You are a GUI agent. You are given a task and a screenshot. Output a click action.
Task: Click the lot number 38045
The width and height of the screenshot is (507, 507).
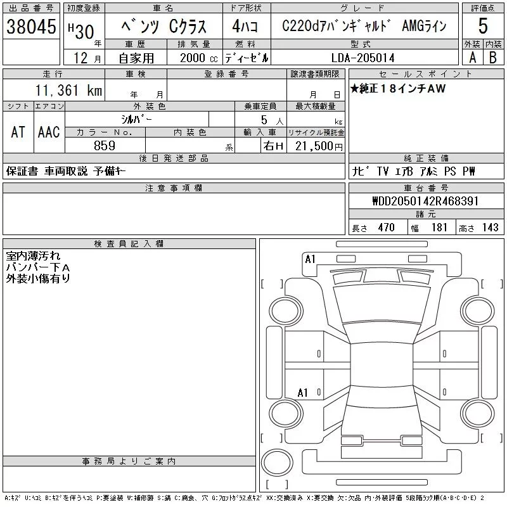pos(31,27)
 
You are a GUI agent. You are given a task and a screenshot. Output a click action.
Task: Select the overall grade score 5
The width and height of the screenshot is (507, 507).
pos(483,26)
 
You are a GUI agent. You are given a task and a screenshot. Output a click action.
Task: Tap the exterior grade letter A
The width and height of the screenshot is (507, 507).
pos(473,58)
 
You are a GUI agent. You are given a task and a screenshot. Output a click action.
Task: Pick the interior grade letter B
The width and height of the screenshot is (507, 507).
pos(493,58)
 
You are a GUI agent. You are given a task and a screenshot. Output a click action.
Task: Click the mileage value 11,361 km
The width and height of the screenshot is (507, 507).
pos(68,90)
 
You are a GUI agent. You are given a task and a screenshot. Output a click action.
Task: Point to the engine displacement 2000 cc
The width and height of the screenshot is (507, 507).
pos(198,58)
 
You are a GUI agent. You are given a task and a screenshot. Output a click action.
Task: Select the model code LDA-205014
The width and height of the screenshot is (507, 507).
pos(363,58)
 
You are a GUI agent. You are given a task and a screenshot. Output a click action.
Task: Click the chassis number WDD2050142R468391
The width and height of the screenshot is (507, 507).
pos(425,201)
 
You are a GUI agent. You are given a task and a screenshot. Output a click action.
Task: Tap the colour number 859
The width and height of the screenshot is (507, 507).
pos(105,146)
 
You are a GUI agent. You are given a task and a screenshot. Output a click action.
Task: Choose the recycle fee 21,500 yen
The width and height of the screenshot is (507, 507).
pos(319,146)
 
